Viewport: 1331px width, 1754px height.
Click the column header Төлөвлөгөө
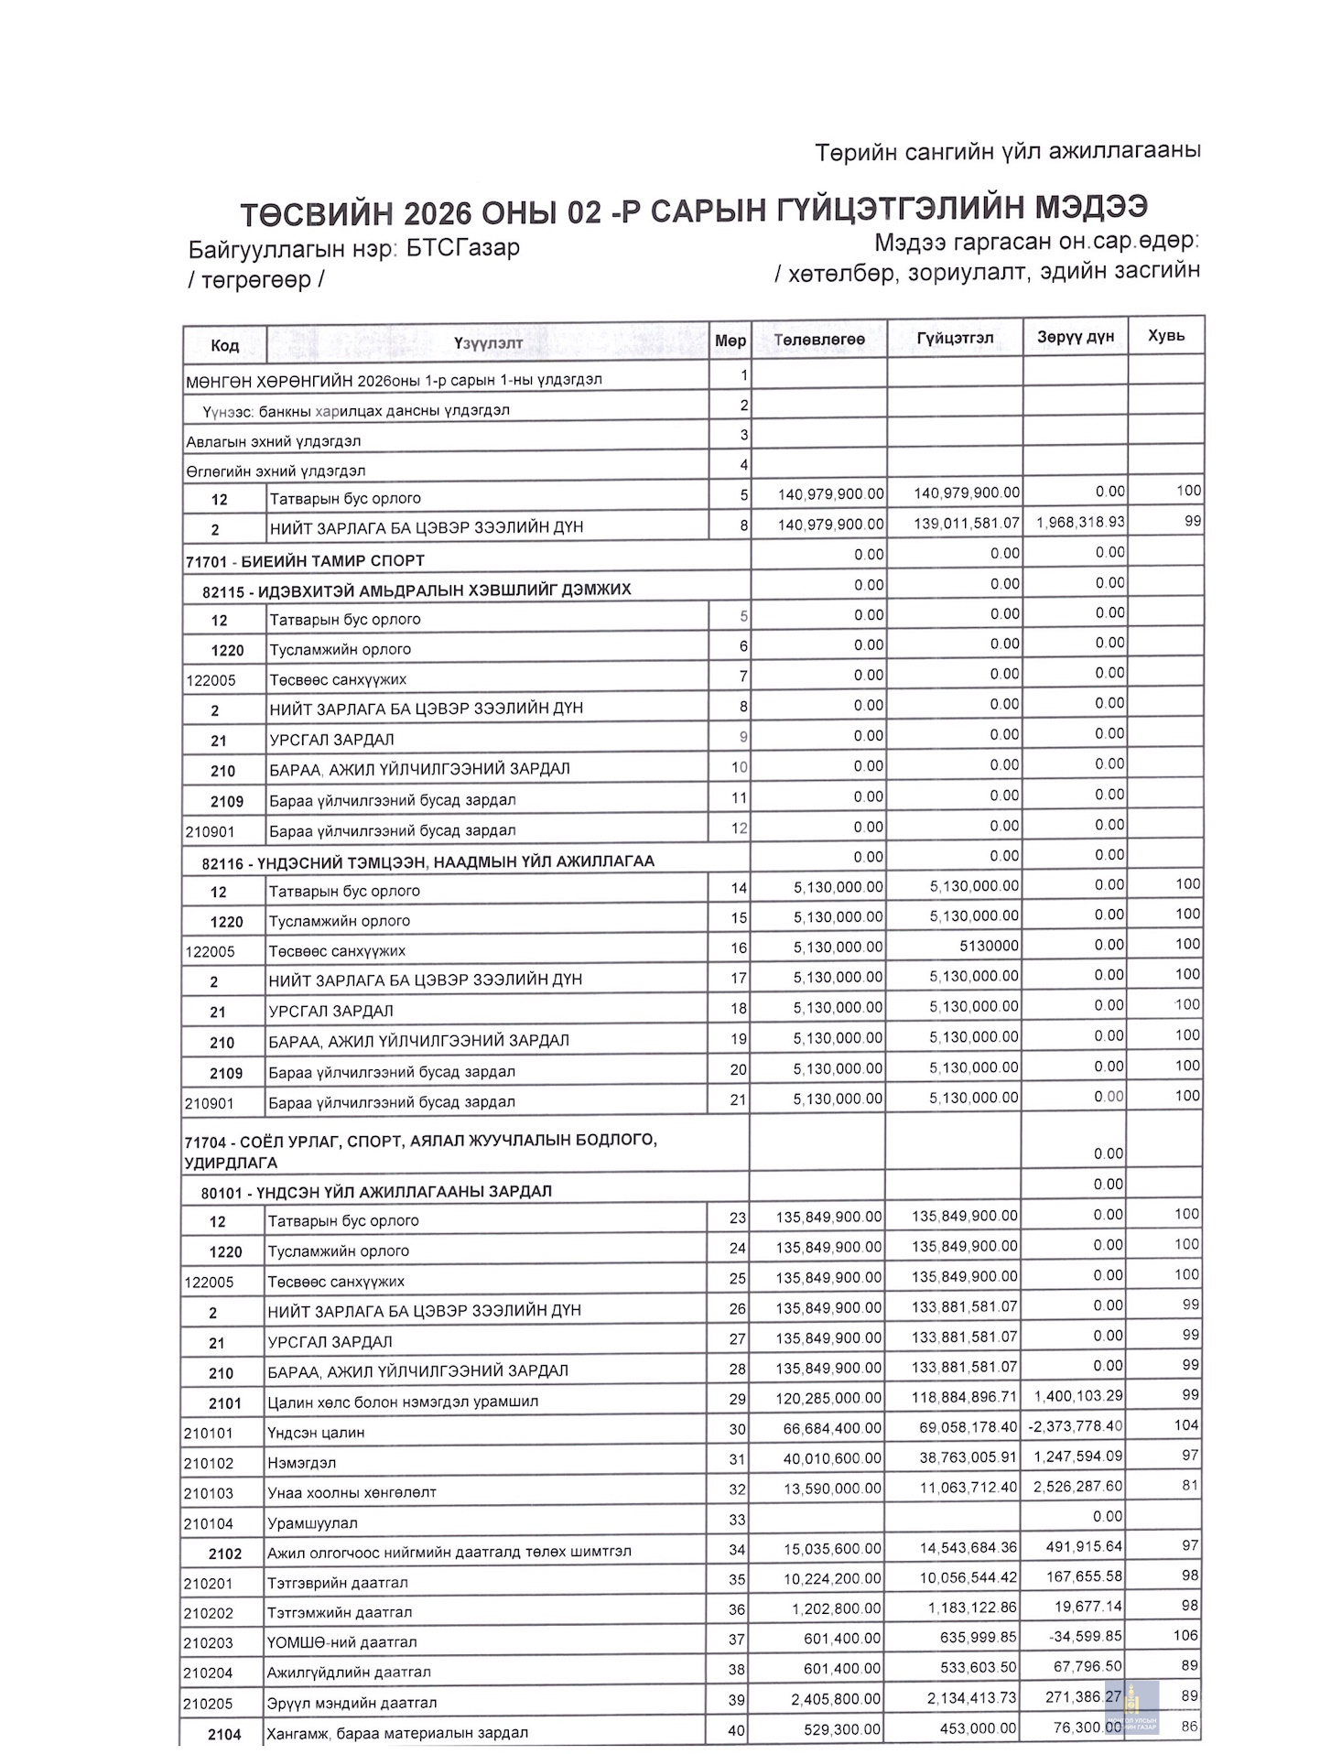point(819,340)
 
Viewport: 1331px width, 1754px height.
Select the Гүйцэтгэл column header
point(955,338)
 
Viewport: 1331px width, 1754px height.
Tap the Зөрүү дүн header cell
point(1076,337)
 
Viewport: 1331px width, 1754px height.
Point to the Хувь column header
point(1166,336)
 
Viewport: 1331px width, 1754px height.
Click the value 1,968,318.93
point(1080,523)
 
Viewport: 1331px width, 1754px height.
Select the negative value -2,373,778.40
point(1075,1426)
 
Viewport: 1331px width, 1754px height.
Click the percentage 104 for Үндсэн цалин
point(1186,1425)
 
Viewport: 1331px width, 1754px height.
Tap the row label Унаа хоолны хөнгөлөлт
point(352,1493)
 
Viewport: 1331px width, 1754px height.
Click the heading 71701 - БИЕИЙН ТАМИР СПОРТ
point(305,561)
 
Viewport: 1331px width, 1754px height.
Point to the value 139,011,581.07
point(966,524)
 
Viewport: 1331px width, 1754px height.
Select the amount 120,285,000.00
point(828,1398)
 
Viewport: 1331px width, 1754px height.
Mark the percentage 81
point(1190,1486)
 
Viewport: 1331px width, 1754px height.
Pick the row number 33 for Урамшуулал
point(737,1521)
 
